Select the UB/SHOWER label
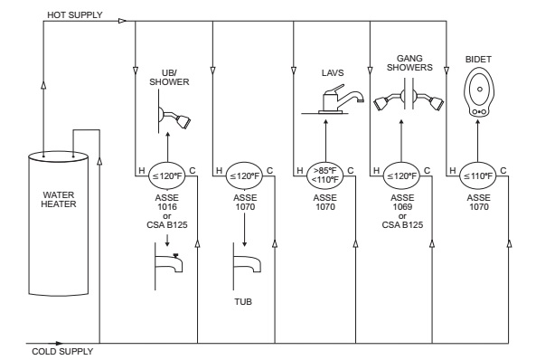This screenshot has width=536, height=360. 165,78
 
